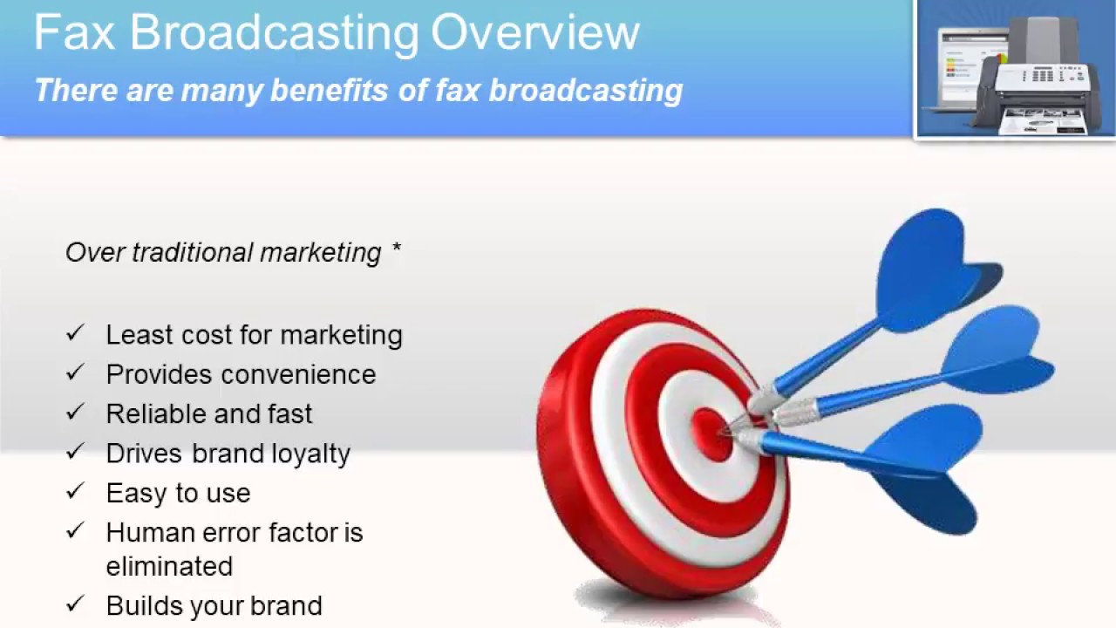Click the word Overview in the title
click(x=535, y=33)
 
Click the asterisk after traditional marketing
click(x=396, y=251)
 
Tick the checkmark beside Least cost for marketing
click(x=75, y=333)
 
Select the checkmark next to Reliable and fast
click(x=75, y=412)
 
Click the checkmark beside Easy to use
click(x=75, y=491)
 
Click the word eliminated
click(x=169, y=566)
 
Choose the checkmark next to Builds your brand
click(x=75, y=604)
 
